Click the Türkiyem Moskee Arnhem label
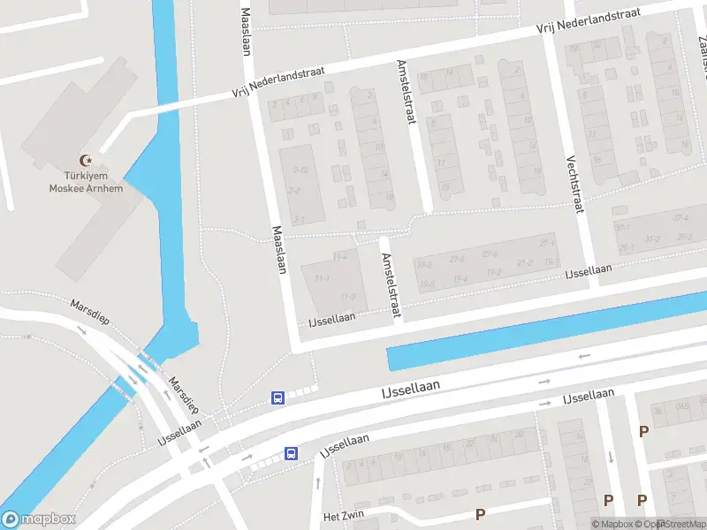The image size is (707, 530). tap(86, 181)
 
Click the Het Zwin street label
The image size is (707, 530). tap(343, 516)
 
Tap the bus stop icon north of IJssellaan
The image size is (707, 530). tap(277, 397)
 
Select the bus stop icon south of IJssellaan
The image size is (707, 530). tap(291, 454)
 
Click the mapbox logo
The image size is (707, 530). tap(39, 519)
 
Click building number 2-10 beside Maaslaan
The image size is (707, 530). tap(300, 170)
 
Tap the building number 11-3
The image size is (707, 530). tap(347, 297)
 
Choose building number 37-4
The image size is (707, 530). tap(680, 218)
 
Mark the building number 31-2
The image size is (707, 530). tap(652, 239)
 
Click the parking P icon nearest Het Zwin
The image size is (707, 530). tap(481, 513)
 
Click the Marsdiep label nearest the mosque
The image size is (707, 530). tap(91, 311)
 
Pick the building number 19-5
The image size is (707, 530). tap(428, 284)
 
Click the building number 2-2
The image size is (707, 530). tap(294, 191)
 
